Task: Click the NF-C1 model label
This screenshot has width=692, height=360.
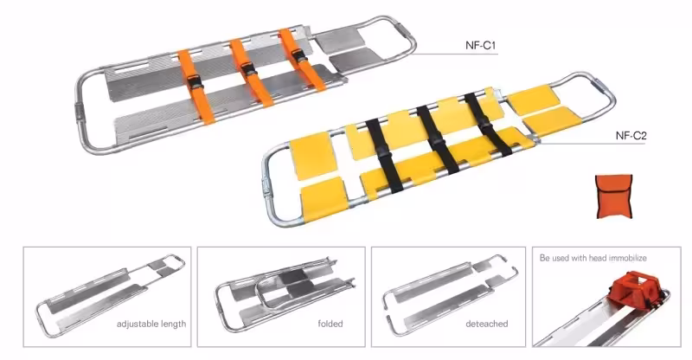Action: [x=481, y=46]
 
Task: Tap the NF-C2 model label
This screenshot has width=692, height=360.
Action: [x=631, y=136]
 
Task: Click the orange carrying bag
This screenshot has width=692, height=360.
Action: [x=614, y=196]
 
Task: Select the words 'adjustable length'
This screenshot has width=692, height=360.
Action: [x=151, y=325]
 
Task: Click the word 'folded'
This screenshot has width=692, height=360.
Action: [x=330, y=324]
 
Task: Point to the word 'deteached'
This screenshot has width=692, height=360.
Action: [x=487, y=324]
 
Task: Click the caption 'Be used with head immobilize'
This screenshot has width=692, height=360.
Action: [x=593, y=258]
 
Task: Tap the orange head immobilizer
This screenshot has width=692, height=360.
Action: [x=634, y=288]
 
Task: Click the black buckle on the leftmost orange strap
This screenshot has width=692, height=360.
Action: [x=194, y=82]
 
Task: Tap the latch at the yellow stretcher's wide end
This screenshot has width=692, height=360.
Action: [x=266, y=184]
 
